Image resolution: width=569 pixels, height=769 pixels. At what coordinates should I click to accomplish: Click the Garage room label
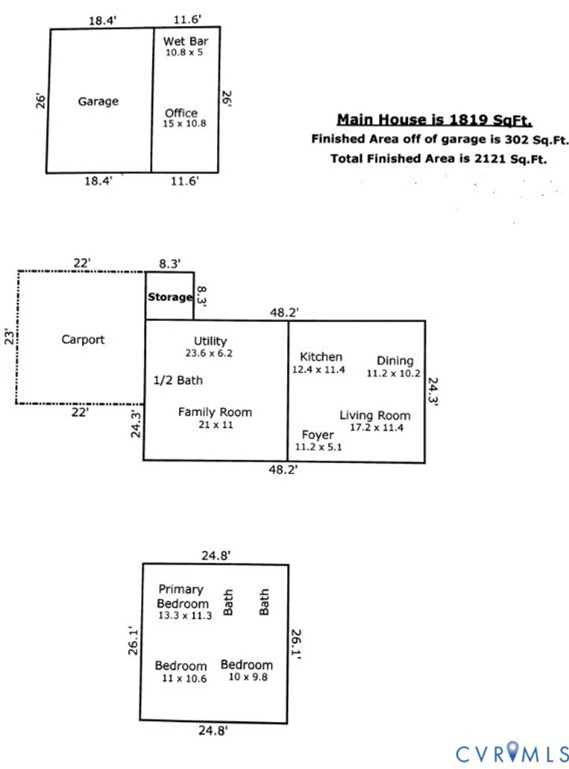(98, 101)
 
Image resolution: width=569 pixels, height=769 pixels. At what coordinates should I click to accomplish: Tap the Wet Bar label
(186, 41)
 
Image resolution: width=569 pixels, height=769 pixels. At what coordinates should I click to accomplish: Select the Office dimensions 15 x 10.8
(184, 124)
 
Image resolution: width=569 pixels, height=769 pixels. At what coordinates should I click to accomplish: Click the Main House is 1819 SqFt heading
(435, 120)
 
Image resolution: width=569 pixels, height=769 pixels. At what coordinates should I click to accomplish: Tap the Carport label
(83, 339)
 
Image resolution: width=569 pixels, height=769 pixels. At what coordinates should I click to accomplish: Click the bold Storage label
(170, 297)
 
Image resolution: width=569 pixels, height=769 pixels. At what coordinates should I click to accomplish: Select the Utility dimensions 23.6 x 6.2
(209, 353)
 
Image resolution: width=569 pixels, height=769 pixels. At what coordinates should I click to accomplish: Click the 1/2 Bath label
(178, 381)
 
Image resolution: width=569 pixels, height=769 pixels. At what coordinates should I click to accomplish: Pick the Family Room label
(215, 412)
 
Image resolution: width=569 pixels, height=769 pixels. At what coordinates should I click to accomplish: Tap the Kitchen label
(321, 357)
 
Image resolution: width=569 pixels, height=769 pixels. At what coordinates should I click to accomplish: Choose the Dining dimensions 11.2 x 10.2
(393, 373)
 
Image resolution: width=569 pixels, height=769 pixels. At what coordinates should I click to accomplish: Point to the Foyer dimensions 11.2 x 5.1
(318, 447)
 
